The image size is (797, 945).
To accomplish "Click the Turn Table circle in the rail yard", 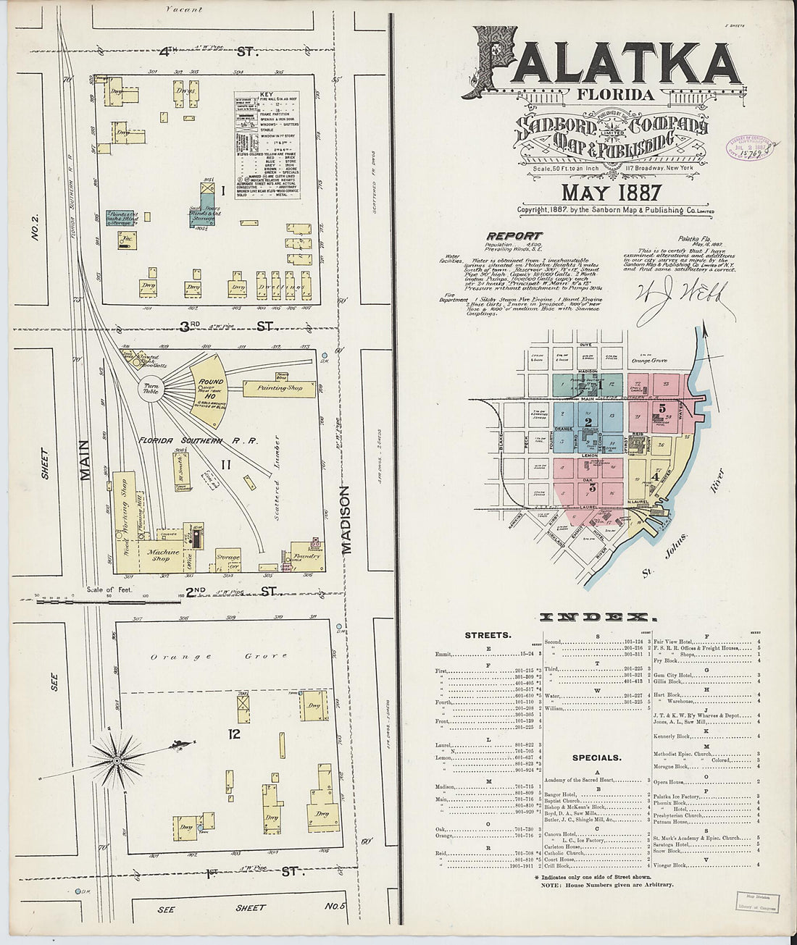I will (153, 389).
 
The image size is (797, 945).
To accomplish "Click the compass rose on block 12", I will (116, 760).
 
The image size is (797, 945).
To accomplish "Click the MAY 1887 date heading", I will (611, 193).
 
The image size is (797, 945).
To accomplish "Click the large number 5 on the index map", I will (662, 408).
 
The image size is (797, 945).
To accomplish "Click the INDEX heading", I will (597, 617).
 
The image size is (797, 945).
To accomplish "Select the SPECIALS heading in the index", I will (596, 757).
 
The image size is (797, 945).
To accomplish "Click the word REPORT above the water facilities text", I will (514, 235).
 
